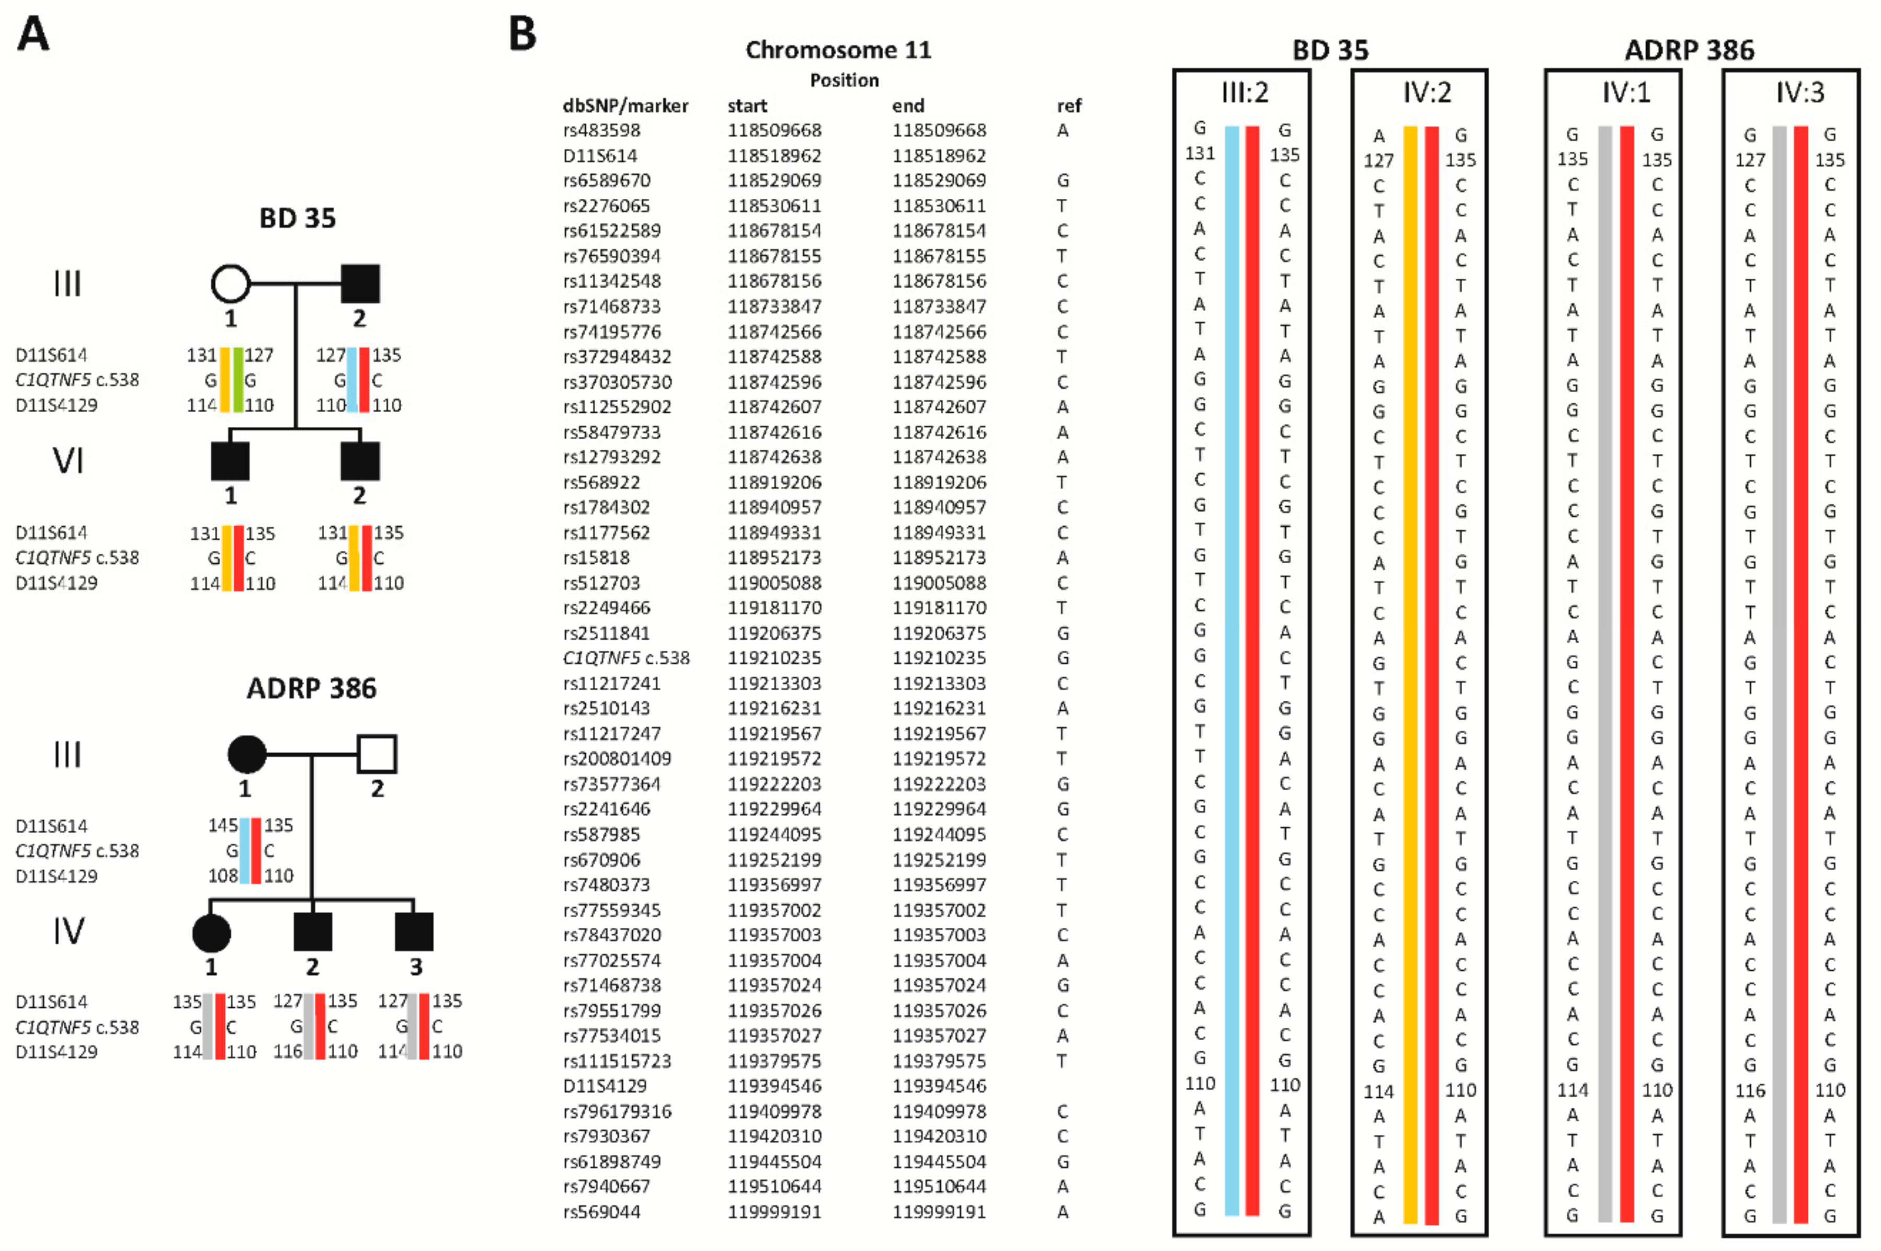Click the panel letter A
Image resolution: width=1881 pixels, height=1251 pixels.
coord(33,35)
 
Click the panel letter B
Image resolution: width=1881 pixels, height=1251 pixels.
coord(522,35)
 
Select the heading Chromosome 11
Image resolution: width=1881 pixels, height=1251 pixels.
coord(838,50)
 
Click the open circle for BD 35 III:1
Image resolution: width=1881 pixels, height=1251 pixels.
coord(231,283)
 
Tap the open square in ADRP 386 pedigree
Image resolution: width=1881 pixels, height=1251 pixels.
coord(377,754)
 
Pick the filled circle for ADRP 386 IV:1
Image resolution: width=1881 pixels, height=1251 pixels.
coord(211,932)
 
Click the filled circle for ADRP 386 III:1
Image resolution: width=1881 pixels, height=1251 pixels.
coord(246,754)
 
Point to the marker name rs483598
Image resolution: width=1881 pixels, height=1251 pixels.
coord(601,130)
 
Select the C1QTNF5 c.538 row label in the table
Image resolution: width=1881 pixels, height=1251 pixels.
coord(626,658)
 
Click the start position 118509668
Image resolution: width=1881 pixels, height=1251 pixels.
coord(774,130)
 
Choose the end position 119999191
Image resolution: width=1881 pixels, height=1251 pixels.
coord(939,1212)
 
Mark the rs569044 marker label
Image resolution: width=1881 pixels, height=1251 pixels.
coord(601,1212)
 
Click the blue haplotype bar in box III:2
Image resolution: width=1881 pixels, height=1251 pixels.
coord(1232,670)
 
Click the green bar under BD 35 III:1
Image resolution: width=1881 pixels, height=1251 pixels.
coord(238,380)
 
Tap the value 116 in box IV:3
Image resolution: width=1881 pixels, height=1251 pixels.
coord(1749,1090)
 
